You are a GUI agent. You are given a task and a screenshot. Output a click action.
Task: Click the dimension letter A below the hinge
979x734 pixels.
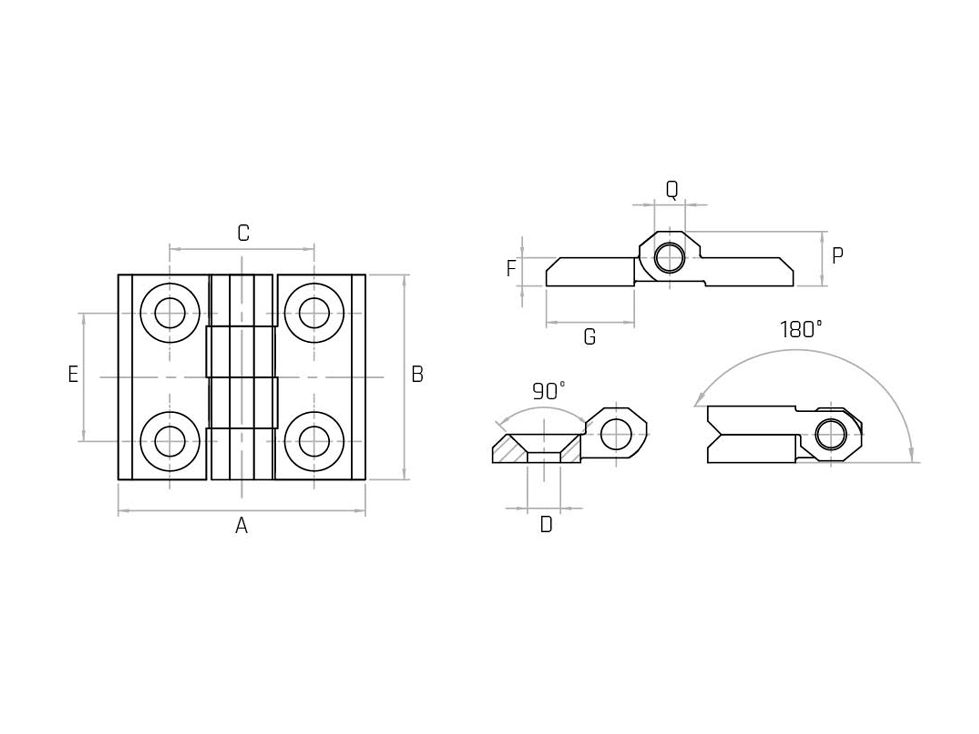click(241, 525)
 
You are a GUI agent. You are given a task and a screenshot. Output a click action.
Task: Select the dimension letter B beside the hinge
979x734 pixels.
click(417, 374)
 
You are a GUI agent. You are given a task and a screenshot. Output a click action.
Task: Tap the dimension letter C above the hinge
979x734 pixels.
click(243, 233)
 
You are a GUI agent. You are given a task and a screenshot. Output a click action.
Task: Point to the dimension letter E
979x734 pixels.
click(73, 374)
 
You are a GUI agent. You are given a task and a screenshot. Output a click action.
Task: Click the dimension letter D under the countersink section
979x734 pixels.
click(546, 524)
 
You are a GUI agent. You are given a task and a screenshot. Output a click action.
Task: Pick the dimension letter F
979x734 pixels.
click(511, 268)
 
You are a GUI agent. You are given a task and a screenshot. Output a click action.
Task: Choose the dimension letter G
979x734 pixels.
click(590, 337)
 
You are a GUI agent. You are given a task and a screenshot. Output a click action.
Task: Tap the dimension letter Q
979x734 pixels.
click(672, 189)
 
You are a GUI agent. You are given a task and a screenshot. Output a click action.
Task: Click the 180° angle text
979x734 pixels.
click(801, 330)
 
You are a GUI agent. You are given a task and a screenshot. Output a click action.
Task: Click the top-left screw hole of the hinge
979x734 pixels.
click(170, 313)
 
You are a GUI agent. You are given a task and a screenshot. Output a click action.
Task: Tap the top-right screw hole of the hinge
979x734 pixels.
click(314, 313)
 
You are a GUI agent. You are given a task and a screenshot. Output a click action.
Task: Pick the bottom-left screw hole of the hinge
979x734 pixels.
click(170, 441)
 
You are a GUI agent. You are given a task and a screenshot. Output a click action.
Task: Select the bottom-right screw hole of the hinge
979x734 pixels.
click(314, 441)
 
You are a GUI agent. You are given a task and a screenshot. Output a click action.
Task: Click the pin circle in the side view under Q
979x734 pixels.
click(670, 258)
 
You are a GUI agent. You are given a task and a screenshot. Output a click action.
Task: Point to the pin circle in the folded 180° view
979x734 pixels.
click(831, 434)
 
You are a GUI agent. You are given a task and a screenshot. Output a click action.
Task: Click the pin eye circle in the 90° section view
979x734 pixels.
click(616, 434)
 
